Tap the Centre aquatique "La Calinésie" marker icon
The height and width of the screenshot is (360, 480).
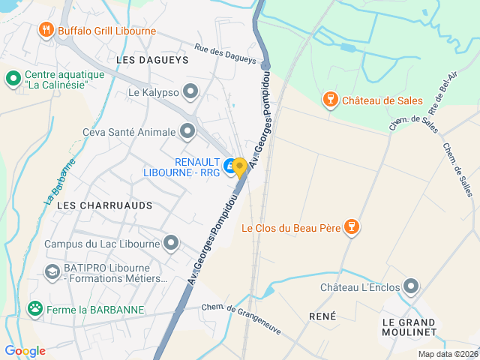tap(13, 78)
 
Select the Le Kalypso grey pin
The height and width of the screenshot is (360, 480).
tap(191, 92)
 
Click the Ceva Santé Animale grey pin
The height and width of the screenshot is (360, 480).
tap(187, 132)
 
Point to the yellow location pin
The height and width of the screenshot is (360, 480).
tap(240, 166)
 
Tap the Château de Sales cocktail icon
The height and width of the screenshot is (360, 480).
tap(328, 100)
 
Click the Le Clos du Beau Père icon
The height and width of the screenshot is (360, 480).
tap(350, 227)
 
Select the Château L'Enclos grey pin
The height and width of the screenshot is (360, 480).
tap(410, 286)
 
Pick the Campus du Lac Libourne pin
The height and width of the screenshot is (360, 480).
tap(172, 243)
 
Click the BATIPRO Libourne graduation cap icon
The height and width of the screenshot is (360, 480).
tap(52, 271)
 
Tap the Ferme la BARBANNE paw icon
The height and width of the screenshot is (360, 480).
tap(34, 308)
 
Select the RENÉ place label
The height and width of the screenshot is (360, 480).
tap(322, 316)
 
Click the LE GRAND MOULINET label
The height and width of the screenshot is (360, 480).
tap(409, 326)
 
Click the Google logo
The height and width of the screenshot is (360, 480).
tap(25, 350)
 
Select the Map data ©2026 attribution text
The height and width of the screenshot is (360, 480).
tap(447, 354)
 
